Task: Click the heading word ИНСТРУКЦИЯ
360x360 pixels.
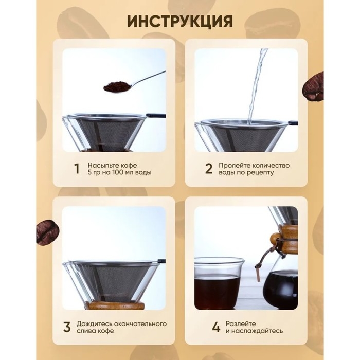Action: click(x=179, y=22)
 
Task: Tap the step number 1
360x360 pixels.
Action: click(x=77, y=169)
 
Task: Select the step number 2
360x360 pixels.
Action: click(x=209, y=169)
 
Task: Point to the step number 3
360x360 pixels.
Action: click(x=67, y=327)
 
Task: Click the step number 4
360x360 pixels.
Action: click(x=217, y=327)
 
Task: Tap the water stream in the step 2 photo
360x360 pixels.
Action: click(x=256, y=87)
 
